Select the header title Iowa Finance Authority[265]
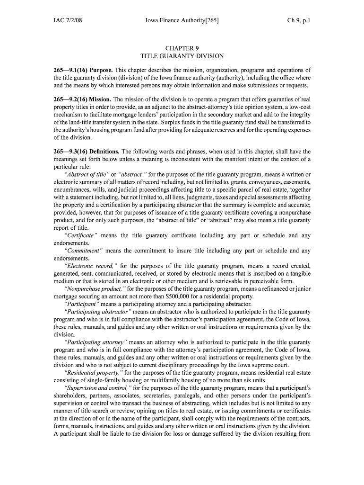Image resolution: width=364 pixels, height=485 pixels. coord(182,21)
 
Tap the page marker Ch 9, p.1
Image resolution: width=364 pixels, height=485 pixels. coord(299,21)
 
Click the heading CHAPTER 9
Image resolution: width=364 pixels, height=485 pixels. coord(182,48)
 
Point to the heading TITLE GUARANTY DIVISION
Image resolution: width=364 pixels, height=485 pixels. coord(182,56)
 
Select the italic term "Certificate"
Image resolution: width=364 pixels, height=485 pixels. coord(80,235)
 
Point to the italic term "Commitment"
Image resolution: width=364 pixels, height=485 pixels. coord(83,251)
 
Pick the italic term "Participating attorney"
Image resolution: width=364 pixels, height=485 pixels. coord(95,341)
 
